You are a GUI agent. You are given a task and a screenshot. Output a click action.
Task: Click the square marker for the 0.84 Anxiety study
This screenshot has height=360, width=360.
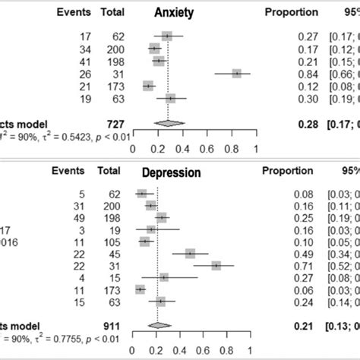pos(237,73)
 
